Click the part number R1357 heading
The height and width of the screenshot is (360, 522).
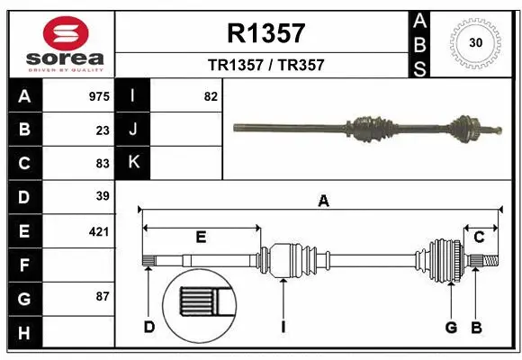(265, 34)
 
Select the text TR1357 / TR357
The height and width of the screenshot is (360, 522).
(265, 65)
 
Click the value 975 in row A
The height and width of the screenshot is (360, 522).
(99, 96)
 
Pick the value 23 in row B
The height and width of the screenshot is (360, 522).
(103, 130)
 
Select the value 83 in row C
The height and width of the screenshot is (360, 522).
(103, 163)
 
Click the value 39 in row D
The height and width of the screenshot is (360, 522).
(103, 196)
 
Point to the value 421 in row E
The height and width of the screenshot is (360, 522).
(99, 231)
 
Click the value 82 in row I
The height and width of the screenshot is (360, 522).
(211, 96)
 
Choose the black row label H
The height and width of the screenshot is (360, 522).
(24, 332)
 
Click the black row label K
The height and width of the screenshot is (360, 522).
(133, 163)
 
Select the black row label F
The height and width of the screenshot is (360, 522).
(24, 265)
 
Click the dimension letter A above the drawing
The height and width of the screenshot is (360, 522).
(323, 202)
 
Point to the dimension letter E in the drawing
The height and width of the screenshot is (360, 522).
(202, 238)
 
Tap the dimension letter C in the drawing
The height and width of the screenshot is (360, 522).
(480, 237)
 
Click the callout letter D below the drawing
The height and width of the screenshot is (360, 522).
(149, 327)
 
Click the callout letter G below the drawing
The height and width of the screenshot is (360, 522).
(452, 327)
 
